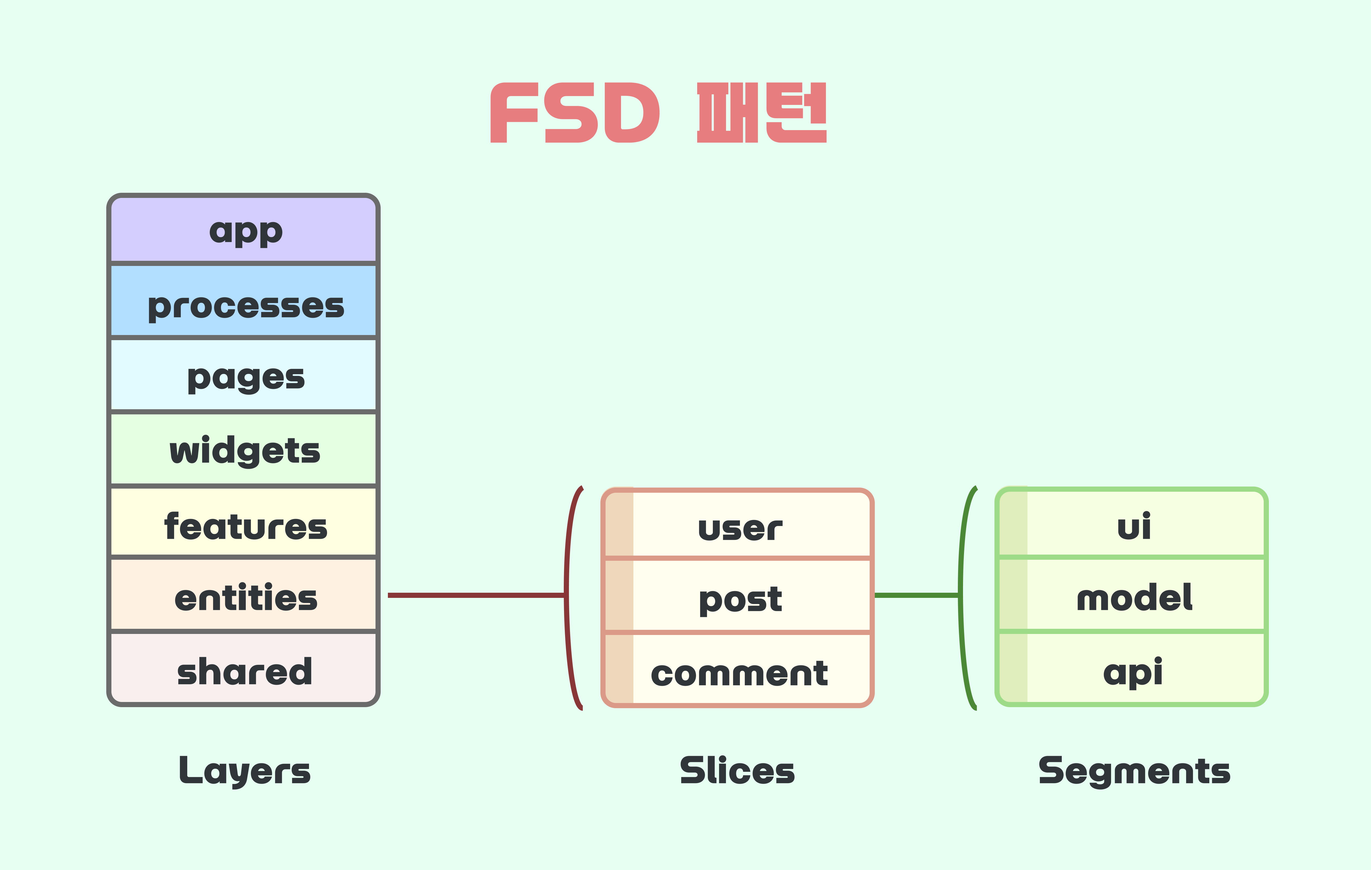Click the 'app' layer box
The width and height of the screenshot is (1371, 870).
point(244,230)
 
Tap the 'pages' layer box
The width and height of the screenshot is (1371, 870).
point(244,375)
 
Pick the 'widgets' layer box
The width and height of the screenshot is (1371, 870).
point(244,449)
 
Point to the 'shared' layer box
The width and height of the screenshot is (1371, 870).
point(244,669)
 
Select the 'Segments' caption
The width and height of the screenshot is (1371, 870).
point(1134,771)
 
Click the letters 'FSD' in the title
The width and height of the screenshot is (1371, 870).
point(575,113)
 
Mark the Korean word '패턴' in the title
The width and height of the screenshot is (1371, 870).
point(762,113)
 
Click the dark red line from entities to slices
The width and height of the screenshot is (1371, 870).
point(475,595)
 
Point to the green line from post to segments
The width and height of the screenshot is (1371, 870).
point(917,595)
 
